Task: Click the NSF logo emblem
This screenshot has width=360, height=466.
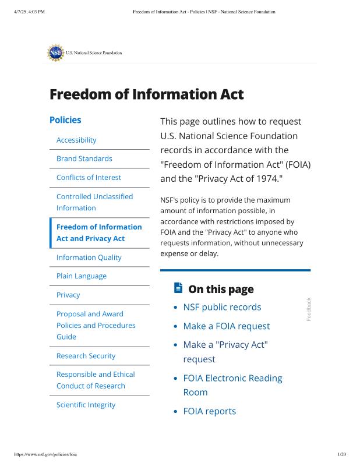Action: pyautogui.click(x=55, y=52)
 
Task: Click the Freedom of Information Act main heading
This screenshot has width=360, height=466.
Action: pyautogui.click(x=146, y=94)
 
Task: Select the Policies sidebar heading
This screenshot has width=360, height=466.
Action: pyautogui.click(x=65, y=120)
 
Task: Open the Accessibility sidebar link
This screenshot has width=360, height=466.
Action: pyautogui.click(x=76, y=140)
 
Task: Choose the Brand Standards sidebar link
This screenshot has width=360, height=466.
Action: pyautogui.click(x=84, y=158)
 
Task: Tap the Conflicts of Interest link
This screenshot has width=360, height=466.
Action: pyautogui.click(x=89, y=177)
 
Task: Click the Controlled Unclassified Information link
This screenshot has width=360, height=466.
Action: pyautogui.click(x=94, y=202)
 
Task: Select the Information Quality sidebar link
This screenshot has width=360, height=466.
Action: pyautogui.click(x=89, y=257)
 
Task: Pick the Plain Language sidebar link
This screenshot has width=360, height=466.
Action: pyautogui.click(x=82, y=276)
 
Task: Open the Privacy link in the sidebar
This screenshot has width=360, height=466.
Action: pyautogui.click(x=68, y=295)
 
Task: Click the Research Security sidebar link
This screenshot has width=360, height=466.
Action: pyautogui.click(x=86, y=355)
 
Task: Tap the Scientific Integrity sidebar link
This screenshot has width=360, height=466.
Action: pyautogui.click(x=86, y=404)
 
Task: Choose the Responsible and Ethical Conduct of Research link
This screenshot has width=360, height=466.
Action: pyautogui.click(x=96, y=380)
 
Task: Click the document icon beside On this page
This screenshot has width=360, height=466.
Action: pyautogui.click(x=178, y=288)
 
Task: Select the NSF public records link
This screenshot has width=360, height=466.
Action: pyautogui.click(x=222, y=307)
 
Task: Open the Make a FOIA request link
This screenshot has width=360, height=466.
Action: pyautogui.click(x=226, y=326)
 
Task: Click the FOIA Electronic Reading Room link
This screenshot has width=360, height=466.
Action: pyautogui.click(x=232, y=385)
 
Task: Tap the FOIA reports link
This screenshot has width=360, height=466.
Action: pyautogui.click(x=209, y=411)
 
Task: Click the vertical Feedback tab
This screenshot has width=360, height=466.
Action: pyautogui.click(x=309, y=309)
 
